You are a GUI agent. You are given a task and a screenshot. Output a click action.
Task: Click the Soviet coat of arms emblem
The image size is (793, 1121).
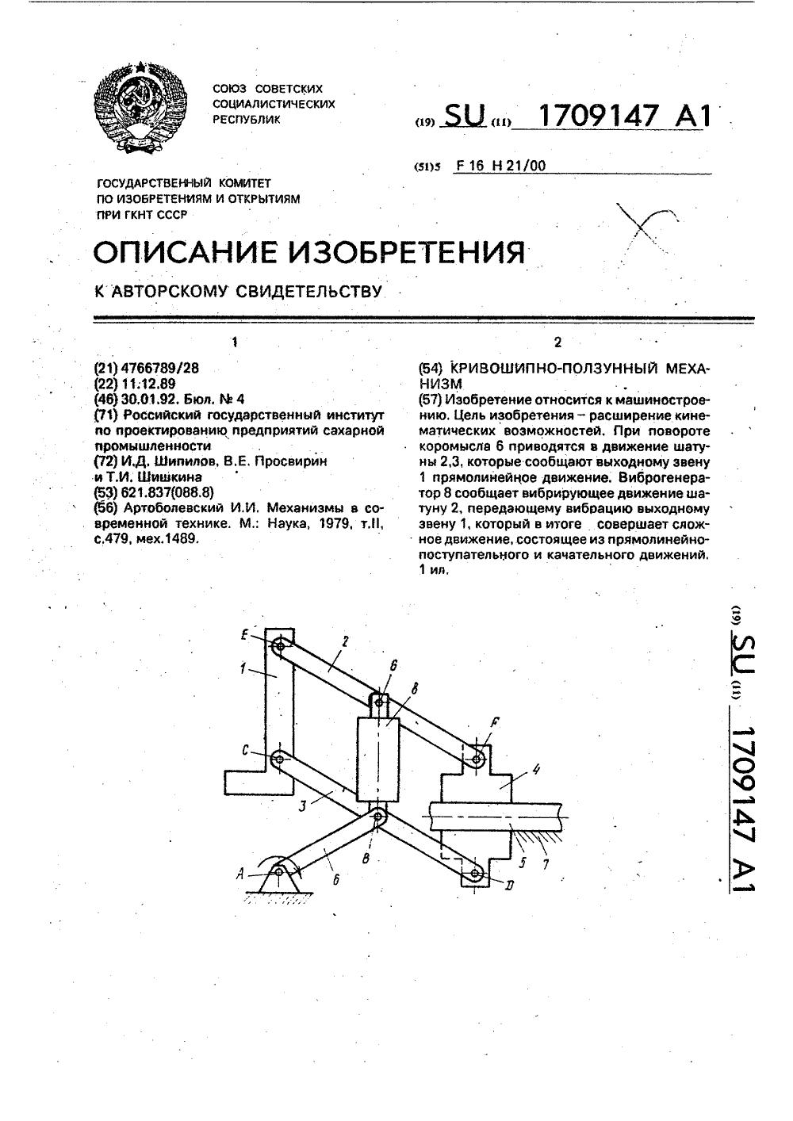coord(141,109)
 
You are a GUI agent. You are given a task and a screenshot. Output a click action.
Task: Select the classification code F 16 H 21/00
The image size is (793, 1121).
coord(501,166)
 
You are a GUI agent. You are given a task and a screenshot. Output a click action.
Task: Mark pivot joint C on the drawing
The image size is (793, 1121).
coord(278,759)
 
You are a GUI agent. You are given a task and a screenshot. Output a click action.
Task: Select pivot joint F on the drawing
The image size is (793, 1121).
coord(477,759)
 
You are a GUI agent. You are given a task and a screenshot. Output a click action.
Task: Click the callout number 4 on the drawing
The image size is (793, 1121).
coord(536,768)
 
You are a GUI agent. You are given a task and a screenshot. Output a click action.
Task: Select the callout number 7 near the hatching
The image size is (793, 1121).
coord(542,862)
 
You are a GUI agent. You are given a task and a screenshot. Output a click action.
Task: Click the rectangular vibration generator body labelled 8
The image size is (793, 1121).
coord(377,759)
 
